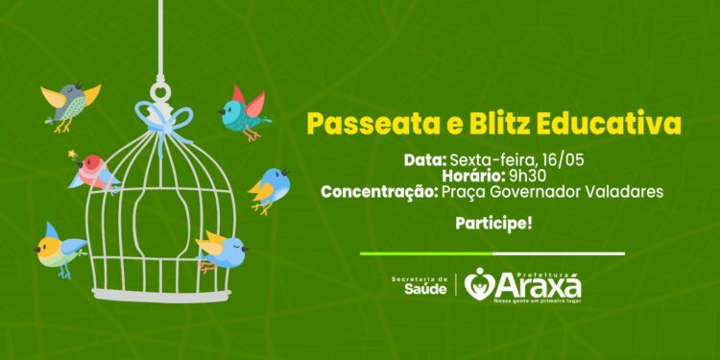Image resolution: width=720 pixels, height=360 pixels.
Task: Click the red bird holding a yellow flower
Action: [96, 171]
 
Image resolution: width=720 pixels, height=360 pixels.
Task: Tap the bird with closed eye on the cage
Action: [223, 250]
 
